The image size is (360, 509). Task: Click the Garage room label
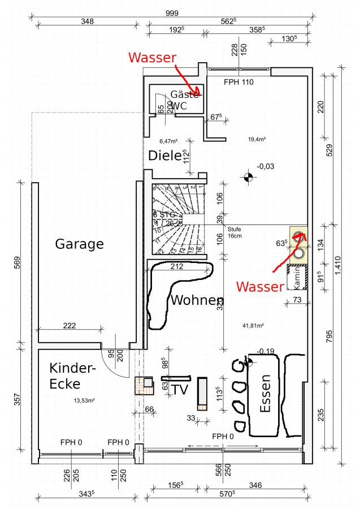(79, 244)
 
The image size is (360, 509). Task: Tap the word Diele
(164, 155)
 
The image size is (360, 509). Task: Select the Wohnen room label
(197, 300)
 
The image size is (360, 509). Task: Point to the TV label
(180, 390)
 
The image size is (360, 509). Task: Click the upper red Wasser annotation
(152, 57)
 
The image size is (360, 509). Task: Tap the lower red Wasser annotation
(259, 287)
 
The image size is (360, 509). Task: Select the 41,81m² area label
(254, 325)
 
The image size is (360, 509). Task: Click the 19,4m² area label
(257, 139)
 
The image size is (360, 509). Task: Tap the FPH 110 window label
(238, 82)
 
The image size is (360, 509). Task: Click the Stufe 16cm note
(235, 232)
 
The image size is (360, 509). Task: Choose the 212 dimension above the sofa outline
(176, 266)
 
